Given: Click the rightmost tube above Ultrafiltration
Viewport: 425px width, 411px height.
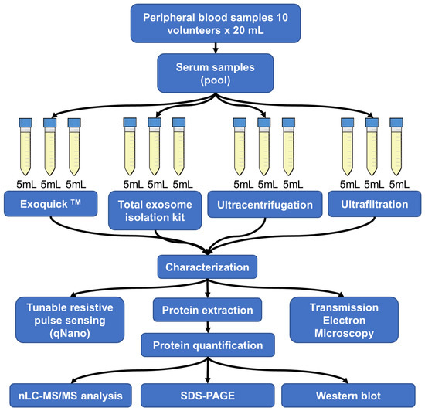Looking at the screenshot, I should [x=397, y=148].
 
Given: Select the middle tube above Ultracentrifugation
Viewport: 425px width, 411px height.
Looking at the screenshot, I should [x=265, y=148].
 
